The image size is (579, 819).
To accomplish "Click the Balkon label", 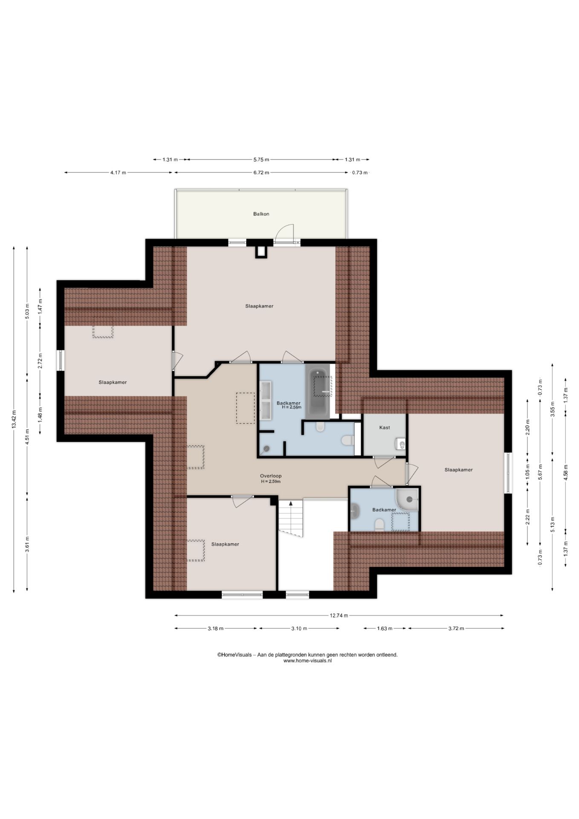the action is point(261,214).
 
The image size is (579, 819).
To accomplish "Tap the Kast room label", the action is point(385,427).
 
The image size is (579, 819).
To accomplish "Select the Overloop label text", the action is point(271,476).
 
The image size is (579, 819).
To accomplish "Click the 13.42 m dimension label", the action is point(14,418).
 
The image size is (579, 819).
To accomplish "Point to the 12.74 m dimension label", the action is point(339,615).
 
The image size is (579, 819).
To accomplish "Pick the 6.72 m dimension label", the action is point(261,173).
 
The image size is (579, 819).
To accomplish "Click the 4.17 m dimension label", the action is point(118,173).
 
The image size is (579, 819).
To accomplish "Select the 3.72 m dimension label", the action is point(456,628).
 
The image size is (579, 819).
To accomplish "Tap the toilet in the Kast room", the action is point(400,444).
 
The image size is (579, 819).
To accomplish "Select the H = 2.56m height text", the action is point(292,407).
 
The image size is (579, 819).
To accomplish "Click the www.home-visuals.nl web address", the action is point(307,661).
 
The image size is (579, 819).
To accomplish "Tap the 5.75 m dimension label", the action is point(261,160).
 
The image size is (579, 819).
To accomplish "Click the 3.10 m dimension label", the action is point(299,628).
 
